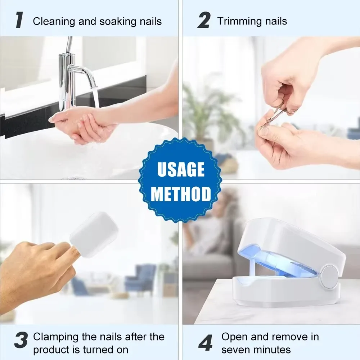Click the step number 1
20,21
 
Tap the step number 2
204,21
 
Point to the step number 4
206,343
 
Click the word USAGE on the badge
181,170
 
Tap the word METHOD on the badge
181,194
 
